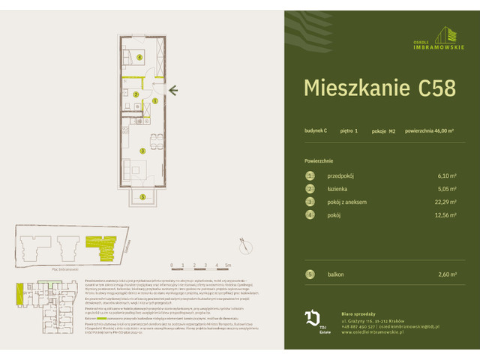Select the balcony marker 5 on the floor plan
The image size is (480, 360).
pyautogui.click(x=141, y=198)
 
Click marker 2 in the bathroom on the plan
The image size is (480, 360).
pyautogui.click(x=135, y=94)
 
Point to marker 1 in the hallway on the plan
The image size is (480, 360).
pyautogui.click(x=154, y=100)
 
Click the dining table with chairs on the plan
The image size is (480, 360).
pyautogui.click(x=153, y=139)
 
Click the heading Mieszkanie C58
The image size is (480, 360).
pyautogui.click(x=379, y=88)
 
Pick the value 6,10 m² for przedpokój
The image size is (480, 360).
pyautogui.click(x=445, y=175)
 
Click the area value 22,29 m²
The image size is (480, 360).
pyautogui.click(x=443, y=202)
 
